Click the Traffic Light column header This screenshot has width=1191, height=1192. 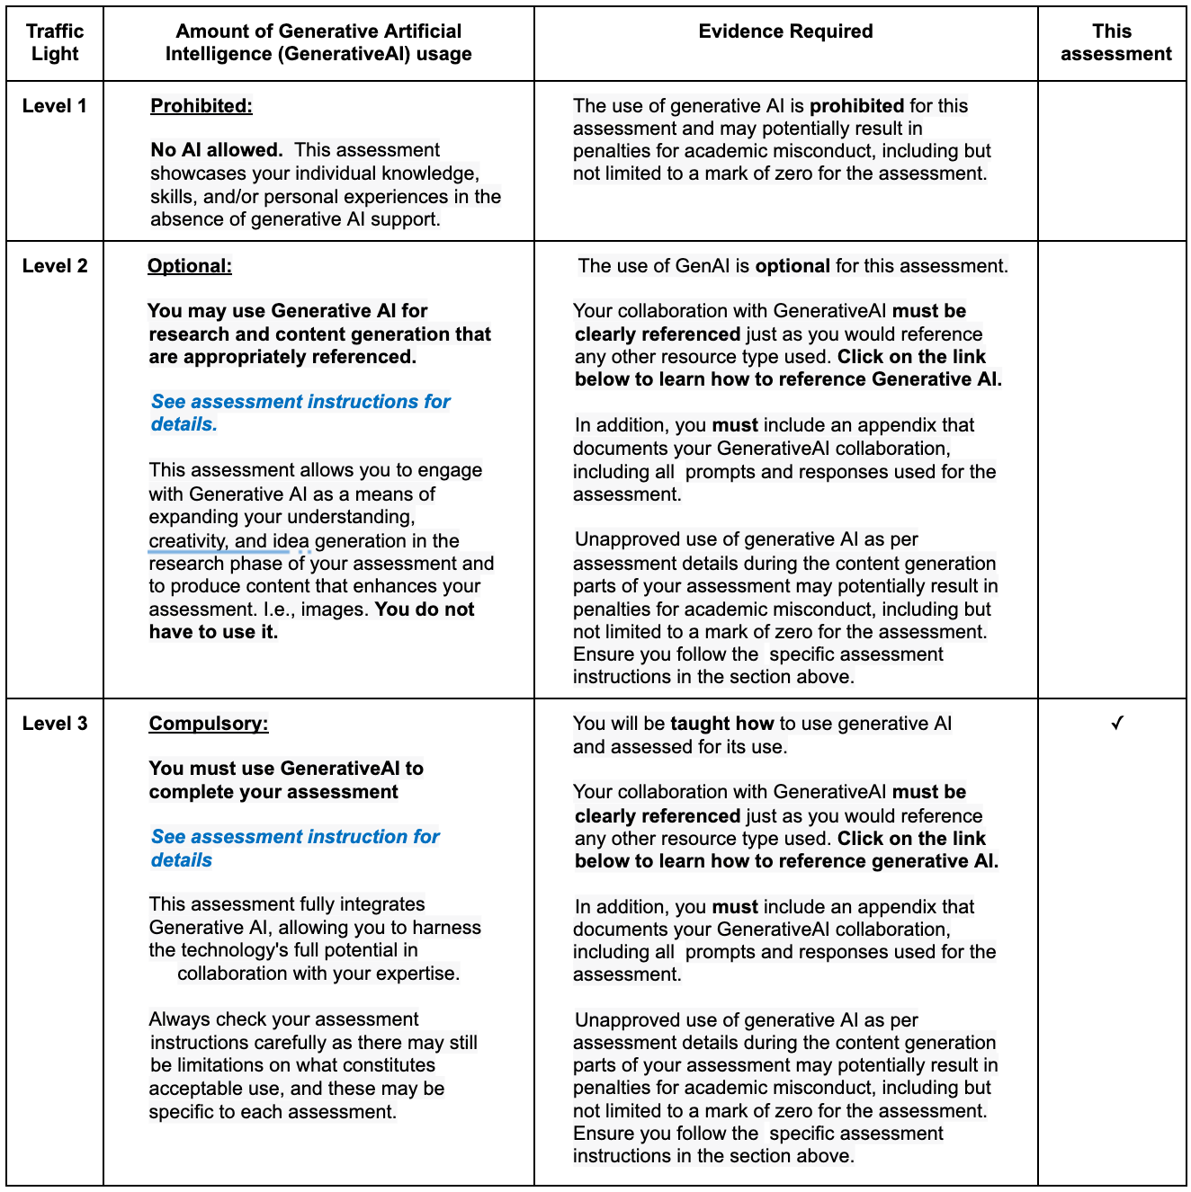pos(55,42)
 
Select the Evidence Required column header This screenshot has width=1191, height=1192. pos(785,31)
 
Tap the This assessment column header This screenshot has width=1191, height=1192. pos(1115,42)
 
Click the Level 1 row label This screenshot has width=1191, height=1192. pos(55,106)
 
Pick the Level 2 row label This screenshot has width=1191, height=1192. pos(55,266)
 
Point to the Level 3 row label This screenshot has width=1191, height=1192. pos(55,724)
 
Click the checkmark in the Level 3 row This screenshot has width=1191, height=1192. pos(1116,723)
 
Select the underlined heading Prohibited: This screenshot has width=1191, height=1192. pos(201,106)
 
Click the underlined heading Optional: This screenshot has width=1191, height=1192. pos(190,266)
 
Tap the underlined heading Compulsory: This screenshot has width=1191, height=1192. pos(209,724)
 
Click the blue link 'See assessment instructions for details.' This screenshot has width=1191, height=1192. pos(300,413)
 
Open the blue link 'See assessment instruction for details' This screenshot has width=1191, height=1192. pos(295,848)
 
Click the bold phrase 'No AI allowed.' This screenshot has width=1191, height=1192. pos(217,150)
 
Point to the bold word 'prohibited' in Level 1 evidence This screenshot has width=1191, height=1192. pos(856,106)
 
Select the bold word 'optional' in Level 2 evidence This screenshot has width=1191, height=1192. pos(793,266)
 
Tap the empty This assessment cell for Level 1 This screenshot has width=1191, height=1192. pos(1112,161)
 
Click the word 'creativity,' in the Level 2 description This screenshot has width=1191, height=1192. pos(188,541)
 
